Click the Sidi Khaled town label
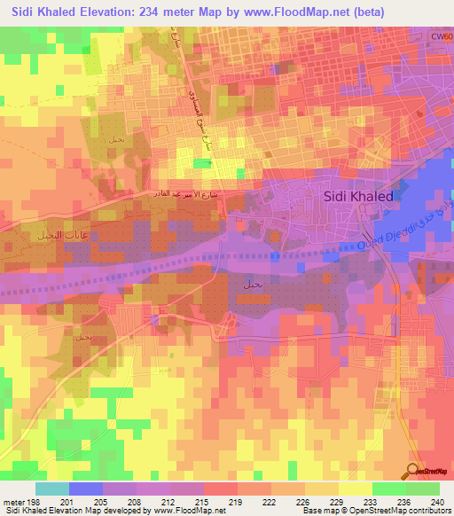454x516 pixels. point(358,197)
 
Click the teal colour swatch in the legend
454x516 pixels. point(52,489)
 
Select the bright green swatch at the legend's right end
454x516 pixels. point(423,489)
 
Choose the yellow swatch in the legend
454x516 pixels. point(355,489)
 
